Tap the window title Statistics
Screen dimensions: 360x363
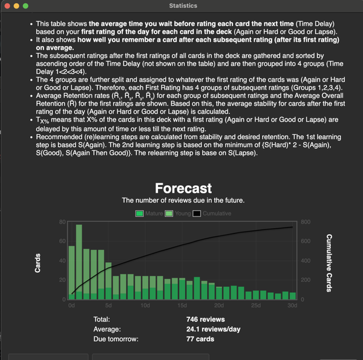pos(183,5)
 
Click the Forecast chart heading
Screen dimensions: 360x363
pos(183,188)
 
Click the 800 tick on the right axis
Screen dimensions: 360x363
pos(305,222)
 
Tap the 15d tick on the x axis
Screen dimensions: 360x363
pos(183,306)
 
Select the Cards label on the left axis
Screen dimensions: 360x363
pos(38,261)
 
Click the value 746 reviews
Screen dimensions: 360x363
pos(206,319)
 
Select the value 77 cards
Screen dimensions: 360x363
pos(200,339)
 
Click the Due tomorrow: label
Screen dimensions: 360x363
pos(116,339)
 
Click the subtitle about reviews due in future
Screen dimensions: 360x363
pos(183,200)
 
